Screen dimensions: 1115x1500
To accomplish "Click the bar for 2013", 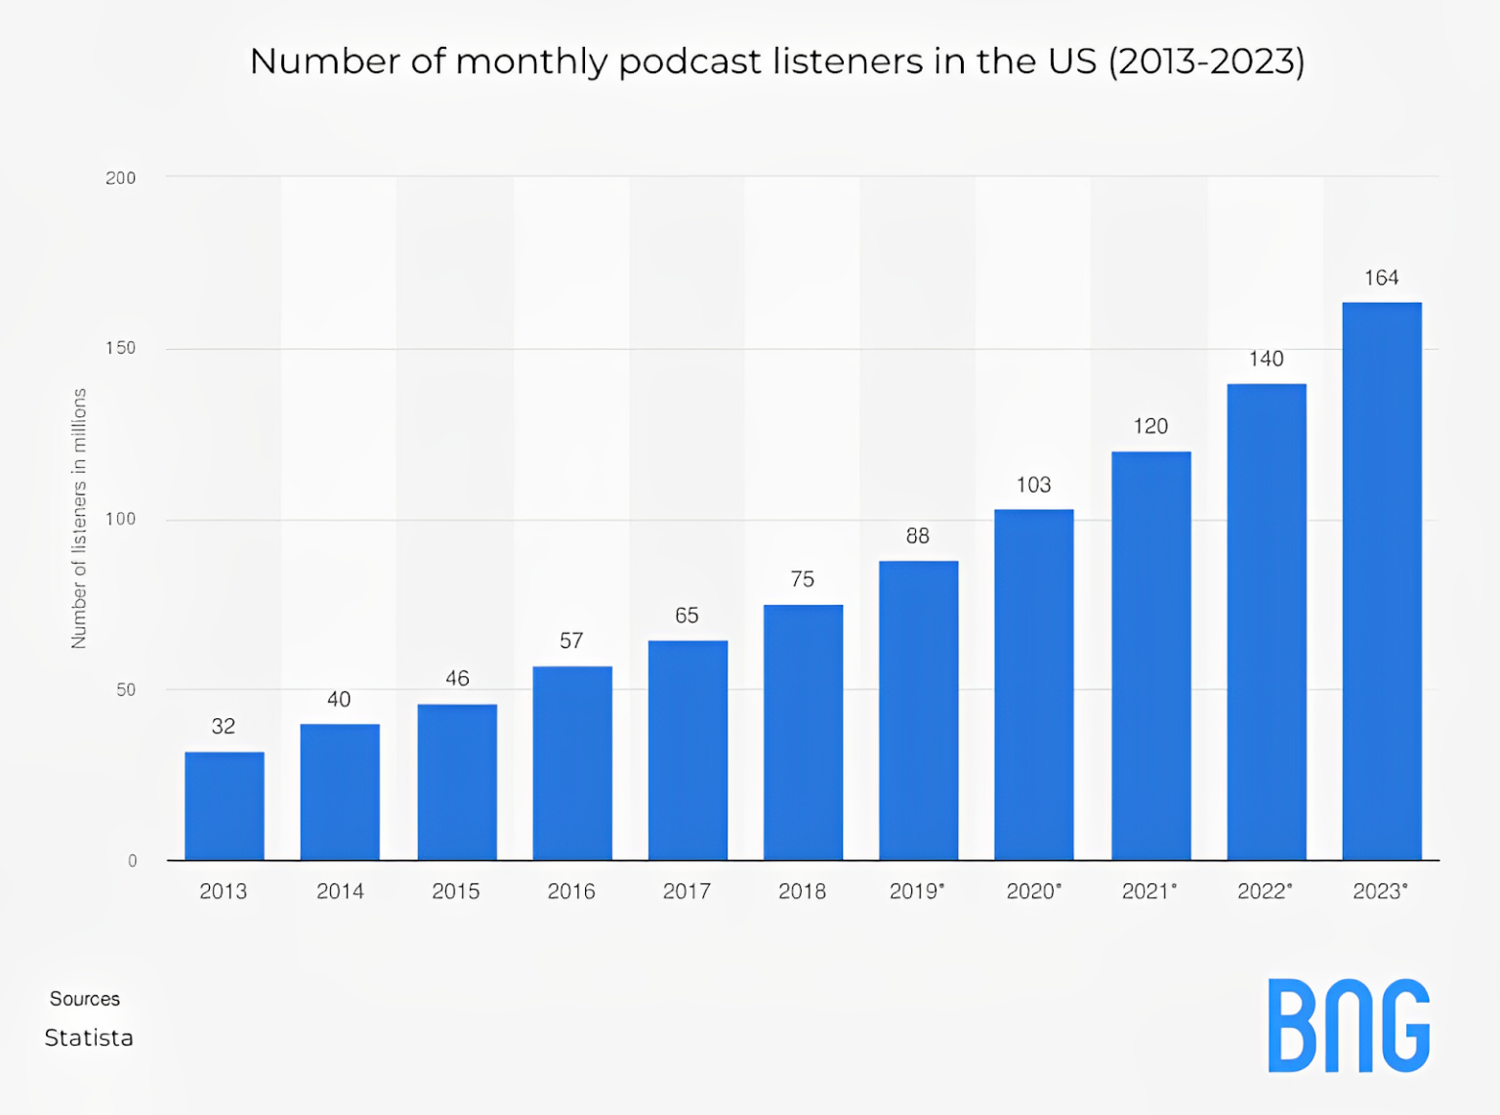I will [x=224, y=806].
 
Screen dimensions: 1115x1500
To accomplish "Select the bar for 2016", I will [x=572, y=763].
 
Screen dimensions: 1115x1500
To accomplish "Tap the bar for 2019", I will [x=918, y=710].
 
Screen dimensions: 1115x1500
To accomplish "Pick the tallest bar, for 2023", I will [x=1381, y=581].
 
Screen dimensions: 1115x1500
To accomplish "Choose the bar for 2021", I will [x=1150, y=656].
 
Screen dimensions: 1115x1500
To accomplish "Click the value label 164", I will [x=1381, y=279].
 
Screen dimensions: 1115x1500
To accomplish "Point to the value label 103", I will [x=1033, y=485].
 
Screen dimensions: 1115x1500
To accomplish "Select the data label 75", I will [x=802, y=579].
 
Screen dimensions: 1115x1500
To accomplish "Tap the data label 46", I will [x=457, y=678].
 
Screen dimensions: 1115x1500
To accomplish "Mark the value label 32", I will [x=224, y=726].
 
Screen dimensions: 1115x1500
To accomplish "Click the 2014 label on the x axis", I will [x=340, y=891].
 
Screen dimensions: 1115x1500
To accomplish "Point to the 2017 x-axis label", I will [x=687, y=891].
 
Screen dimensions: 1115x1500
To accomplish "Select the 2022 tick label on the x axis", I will [x=1264, y=891].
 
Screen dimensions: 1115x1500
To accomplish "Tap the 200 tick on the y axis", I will [x=120, y=178].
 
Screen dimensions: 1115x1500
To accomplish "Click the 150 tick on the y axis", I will [x=120, y=348].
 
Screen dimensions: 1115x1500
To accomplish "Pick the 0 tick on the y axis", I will [x=132, y=861].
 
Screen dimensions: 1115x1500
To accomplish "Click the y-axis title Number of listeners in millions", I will [x=79, y=518].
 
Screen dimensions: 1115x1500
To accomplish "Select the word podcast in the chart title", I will [x=689, y=62].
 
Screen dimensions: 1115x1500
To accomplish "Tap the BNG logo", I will [x=1349, y=1025].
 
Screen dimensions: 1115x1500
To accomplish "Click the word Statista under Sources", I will [x=89, y=1038].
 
